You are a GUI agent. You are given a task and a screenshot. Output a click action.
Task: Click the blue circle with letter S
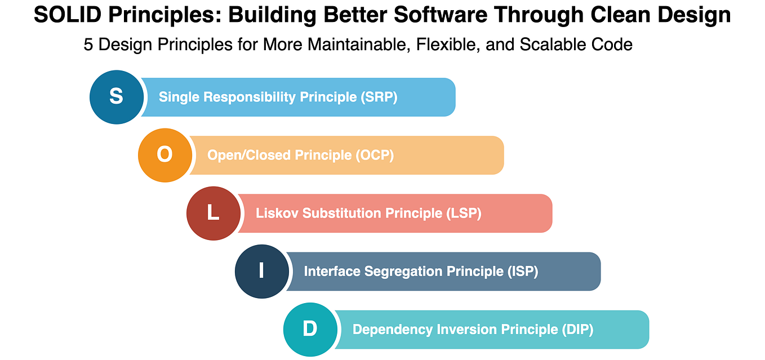117,97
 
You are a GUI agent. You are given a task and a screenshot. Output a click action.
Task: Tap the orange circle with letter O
165,155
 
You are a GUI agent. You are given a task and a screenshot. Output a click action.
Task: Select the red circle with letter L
214,213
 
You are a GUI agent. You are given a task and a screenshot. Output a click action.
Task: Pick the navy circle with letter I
262,271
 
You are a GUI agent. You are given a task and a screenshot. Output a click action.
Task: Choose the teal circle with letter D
310,329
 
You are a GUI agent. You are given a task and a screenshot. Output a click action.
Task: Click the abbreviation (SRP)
379,97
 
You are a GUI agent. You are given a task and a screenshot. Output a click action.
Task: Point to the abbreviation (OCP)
375,155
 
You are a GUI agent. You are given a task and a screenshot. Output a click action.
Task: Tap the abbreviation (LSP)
464,213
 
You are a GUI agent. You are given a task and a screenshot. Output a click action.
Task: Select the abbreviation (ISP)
522,271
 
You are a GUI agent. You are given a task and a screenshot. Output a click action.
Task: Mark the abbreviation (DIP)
577,329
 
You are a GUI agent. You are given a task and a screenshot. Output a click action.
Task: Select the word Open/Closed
249,155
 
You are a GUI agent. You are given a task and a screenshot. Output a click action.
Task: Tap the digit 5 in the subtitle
88,45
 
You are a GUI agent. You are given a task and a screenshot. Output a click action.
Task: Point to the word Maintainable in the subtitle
335,45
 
